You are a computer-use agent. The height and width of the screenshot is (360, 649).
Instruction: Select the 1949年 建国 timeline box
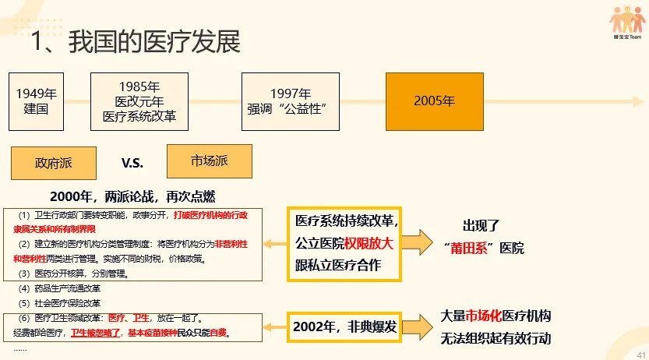pyautogui.click(x=37, y=101)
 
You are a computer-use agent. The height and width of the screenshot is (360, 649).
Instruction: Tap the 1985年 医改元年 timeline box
pyautogui.click(x=139, y=101)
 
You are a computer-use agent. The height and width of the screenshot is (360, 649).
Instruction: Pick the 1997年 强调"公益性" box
pyautogui.click(x=290, y=101)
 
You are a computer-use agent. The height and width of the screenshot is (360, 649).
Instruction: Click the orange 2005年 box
pyautogui.click(x=434, y=101)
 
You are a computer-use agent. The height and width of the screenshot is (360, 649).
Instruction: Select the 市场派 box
pyautogui.click(x=210, y=161)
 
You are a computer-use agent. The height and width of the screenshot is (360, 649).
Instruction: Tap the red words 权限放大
pyautogui.click(x=369, y=243)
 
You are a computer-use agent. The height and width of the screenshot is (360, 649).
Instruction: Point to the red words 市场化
pyautogui.click(x=484, y=316)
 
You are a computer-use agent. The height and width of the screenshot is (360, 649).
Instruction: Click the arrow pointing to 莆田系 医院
pyautogui.click(x=421, y=242)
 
